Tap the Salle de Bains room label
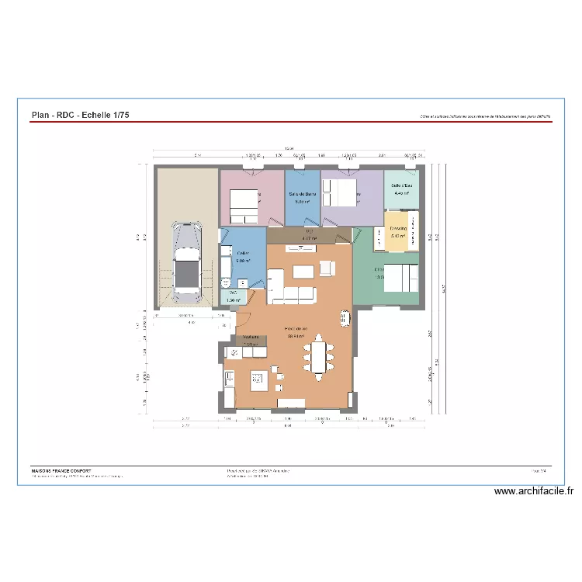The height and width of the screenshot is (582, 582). (x=302, y=193)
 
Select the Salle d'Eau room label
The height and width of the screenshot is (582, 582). (x=401, y=186)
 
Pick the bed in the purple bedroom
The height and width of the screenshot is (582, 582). (x=339, y=192)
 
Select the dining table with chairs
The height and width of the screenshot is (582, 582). (x=317, y=358)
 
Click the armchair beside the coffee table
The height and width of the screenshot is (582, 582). (x=326, y=268)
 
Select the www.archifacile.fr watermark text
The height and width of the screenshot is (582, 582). (x=533, y=491)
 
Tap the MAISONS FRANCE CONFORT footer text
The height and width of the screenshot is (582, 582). (x=61, y=470)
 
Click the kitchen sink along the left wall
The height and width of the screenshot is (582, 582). (x=230, y=378)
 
